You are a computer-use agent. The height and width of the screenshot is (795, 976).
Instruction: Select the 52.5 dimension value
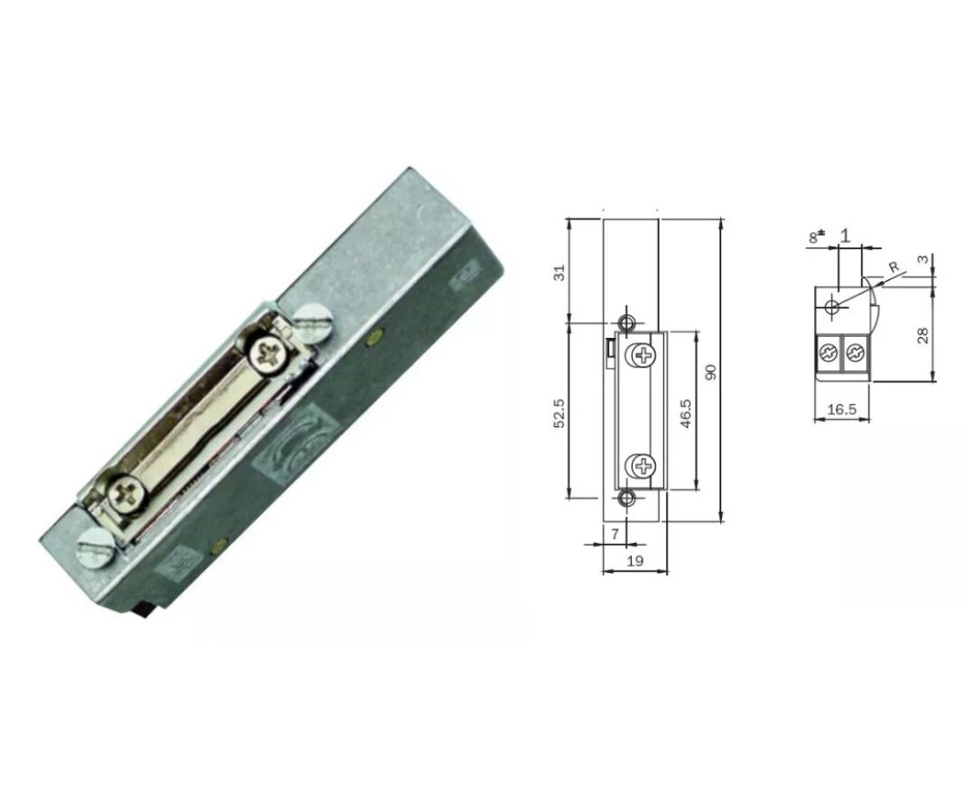tap(559, 412)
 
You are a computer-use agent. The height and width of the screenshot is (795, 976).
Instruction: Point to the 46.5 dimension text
tap(687, 412)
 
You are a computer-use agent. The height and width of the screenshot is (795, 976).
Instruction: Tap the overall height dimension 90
tap(711, 371)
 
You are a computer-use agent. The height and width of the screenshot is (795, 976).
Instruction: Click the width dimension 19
tap(634, 560)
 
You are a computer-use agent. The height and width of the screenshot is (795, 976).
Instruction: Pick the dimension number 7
tap(615, 534)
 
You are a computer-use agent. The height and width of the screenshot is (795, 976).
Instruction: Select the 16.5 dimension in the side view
tap(841, 409)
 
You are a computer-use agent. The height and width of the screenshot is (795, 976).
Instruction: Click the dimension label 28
tap(923, 335)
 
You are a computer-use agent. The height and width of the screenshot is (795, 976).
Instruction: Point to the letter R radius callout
tap(893, 268)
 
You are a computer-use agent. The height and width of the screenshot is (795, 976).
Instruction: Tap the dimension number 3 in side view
tap(922, 259)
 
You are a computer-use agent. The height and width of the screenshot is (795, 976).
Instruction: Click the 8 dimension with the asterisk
tap(816, 237)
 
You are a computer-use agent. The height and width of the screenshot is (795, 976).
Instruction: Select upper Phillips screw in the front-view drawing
tap(643, 355)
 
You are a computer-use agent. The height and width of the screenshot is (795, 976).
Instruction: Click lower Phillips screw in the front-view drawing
tap(643, 467)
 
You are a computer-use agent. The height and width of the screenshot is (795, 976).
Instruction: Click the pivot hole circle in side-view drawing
tap(832, 307)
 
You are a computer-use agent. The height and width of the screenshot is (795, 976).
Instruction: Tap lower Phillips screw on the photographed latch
tap(123, 494)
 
